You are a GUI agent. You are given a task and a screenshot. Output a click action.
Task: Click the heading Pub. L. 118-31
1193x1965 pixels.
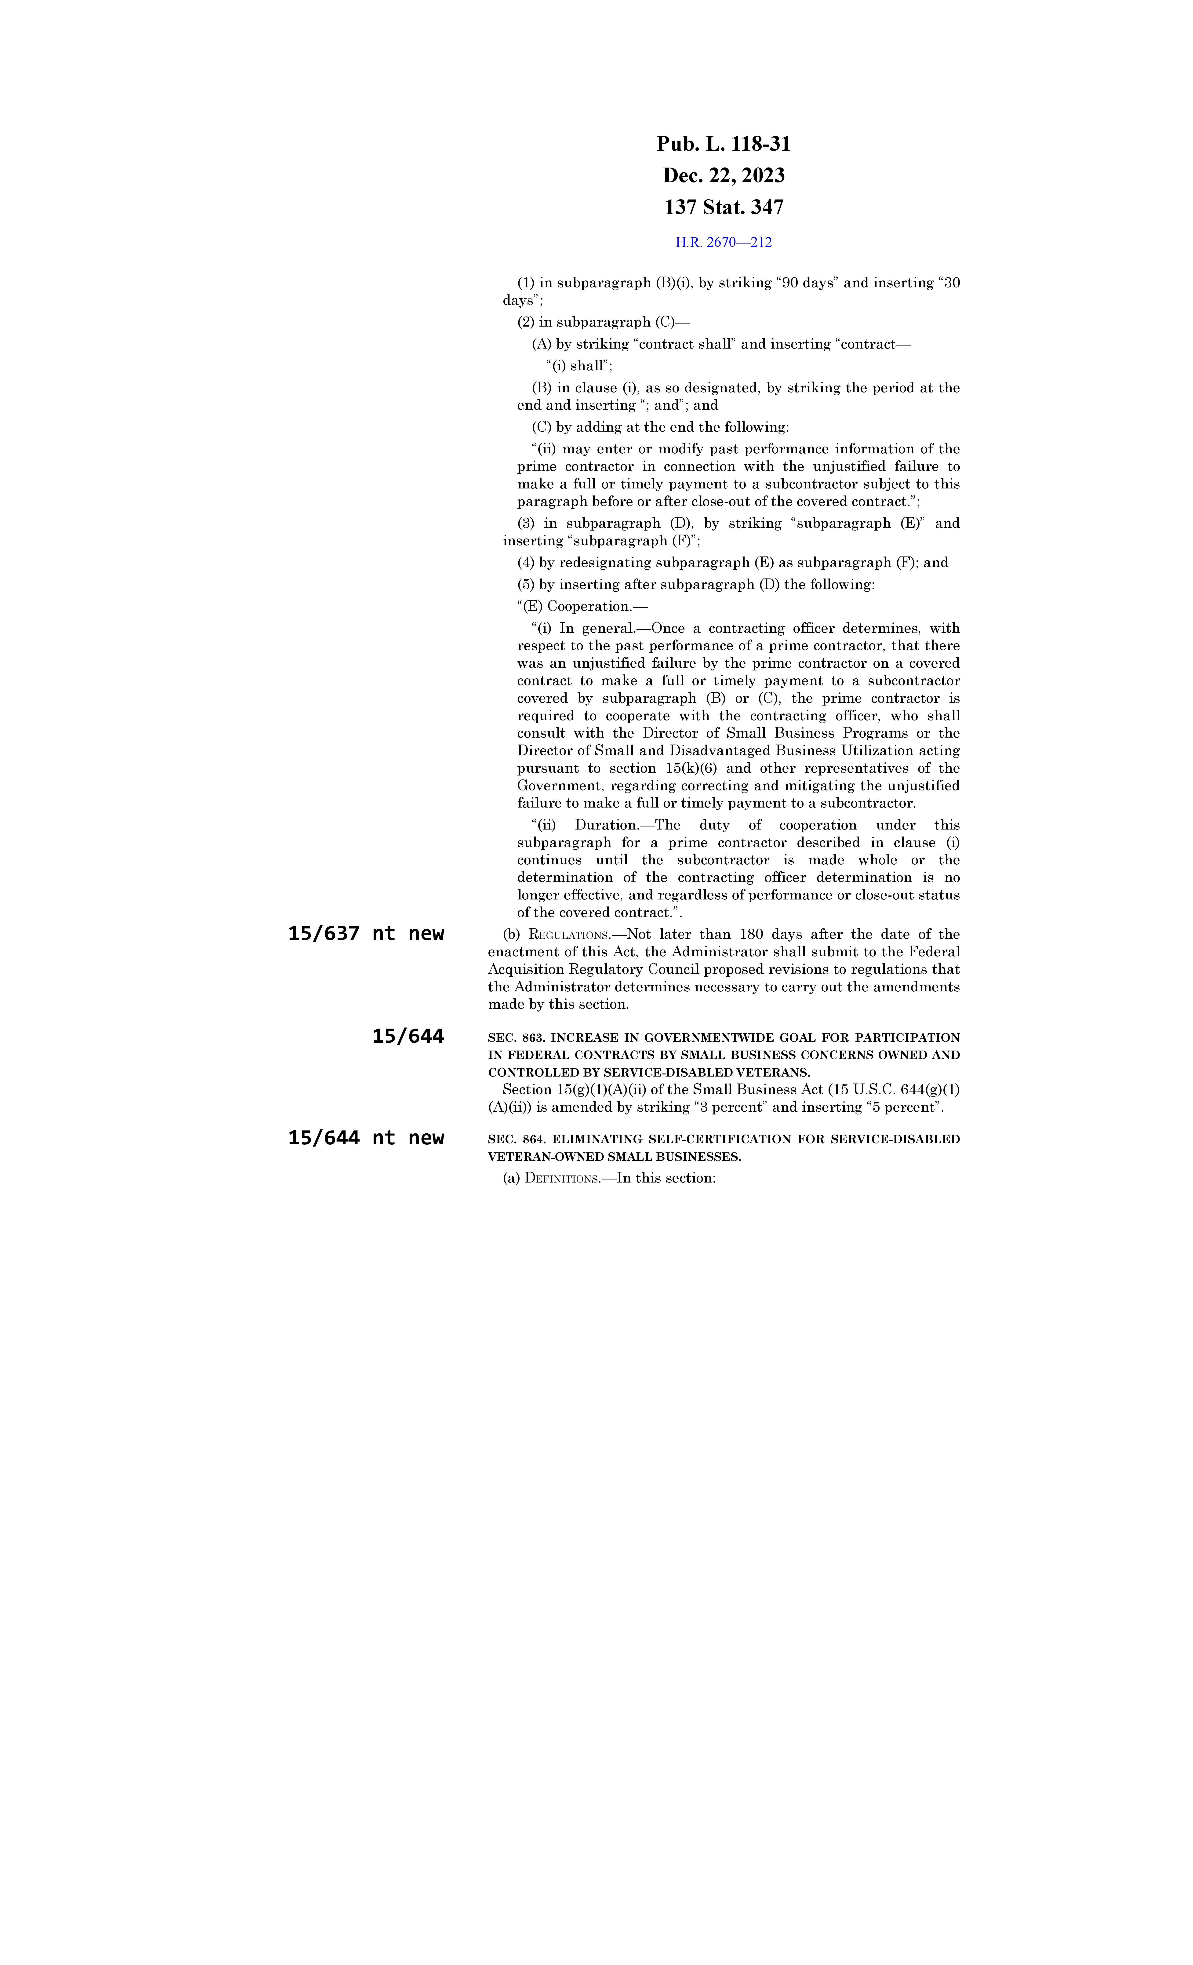point(723,144)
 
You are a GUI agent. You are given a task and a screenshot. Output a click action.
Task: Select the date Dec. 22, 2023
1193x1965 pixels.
point(723,175)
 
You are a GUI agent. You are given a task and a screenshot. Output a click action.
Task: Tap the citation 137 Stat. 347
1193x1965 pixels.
point(723,207)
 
